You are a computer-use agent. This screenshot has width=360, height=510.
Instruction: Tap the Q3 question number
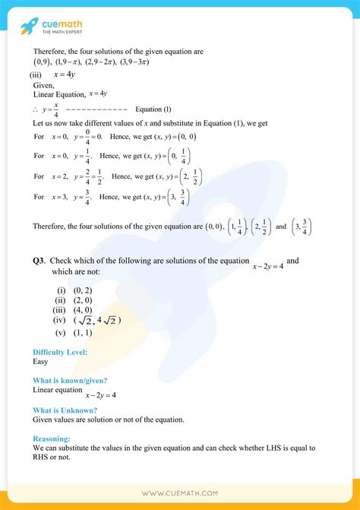click(38, 261)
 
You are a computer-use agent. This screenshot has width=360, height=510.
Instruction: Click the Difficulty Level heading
click(60, 352)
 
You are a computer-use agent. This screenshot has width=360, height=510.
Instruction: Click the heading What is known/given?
click(70, 380)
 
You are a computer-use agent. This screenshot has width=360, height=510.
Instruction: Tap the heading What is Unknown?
click(65, 410)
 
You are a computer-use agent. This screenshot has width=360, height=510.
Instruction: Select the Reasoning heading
click(52, 439)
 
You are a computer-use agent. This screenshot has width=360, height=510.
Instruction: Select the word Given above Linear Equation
click(44, 85)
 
